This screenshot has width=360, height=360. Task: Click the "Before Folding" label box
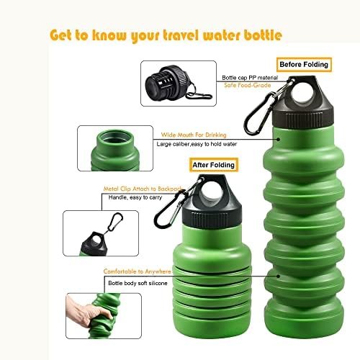[x=304, y=65]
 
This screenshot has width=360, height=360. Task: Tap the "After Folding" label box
[x=214, y=165]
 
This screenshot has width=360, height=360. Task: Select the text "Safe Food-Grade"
[x=248, y=85]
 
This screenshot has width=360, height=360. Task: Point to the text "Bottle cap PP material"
[x=250, y=78]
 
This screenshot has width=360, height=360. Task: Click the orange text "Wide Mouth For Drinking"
[x=194, y=135]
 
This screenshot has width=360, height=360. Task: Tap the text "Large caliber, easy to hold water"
[x=197, y=144]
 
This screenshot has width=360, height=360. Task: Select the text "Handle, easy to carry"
[x=135, y=197]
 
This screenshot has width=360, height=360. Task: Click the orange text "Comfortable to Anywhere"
[x=138, y=271]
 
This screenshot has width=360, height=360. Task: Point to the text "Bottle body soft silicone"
[x=138, y=283]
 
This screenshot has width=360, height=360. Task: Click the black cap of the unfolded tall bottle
[x=303, y=101]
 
